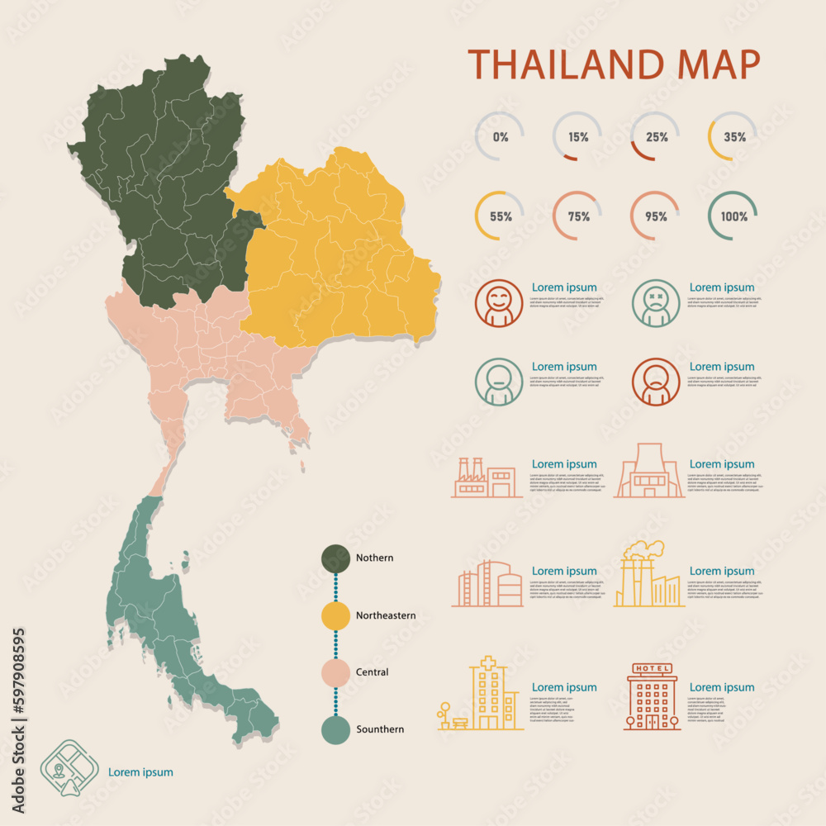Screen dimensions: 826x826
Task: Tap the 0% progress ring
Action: coord(500,137)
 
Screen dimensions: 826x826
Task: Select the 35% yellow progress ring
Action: coord(733,137)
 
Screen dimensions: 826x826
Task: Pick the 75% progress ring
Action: coord(577,216)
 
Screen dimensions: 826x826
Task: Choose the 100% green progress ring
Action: coord(733,216)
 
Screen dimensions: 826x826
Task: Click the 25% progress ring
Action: coord(656,137)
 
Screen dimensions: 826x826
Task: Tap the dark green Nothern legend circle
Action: coord(335,558)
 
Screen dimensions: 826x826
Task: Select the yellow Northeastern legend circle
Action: coord(335,615)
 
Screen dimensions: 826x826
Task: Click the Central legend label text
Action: coord(372,672)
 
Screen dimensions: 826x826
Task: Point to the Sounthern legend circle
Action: coord(335,729)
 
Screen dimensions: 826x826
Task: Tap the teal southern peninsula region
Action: coord(157,611)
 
